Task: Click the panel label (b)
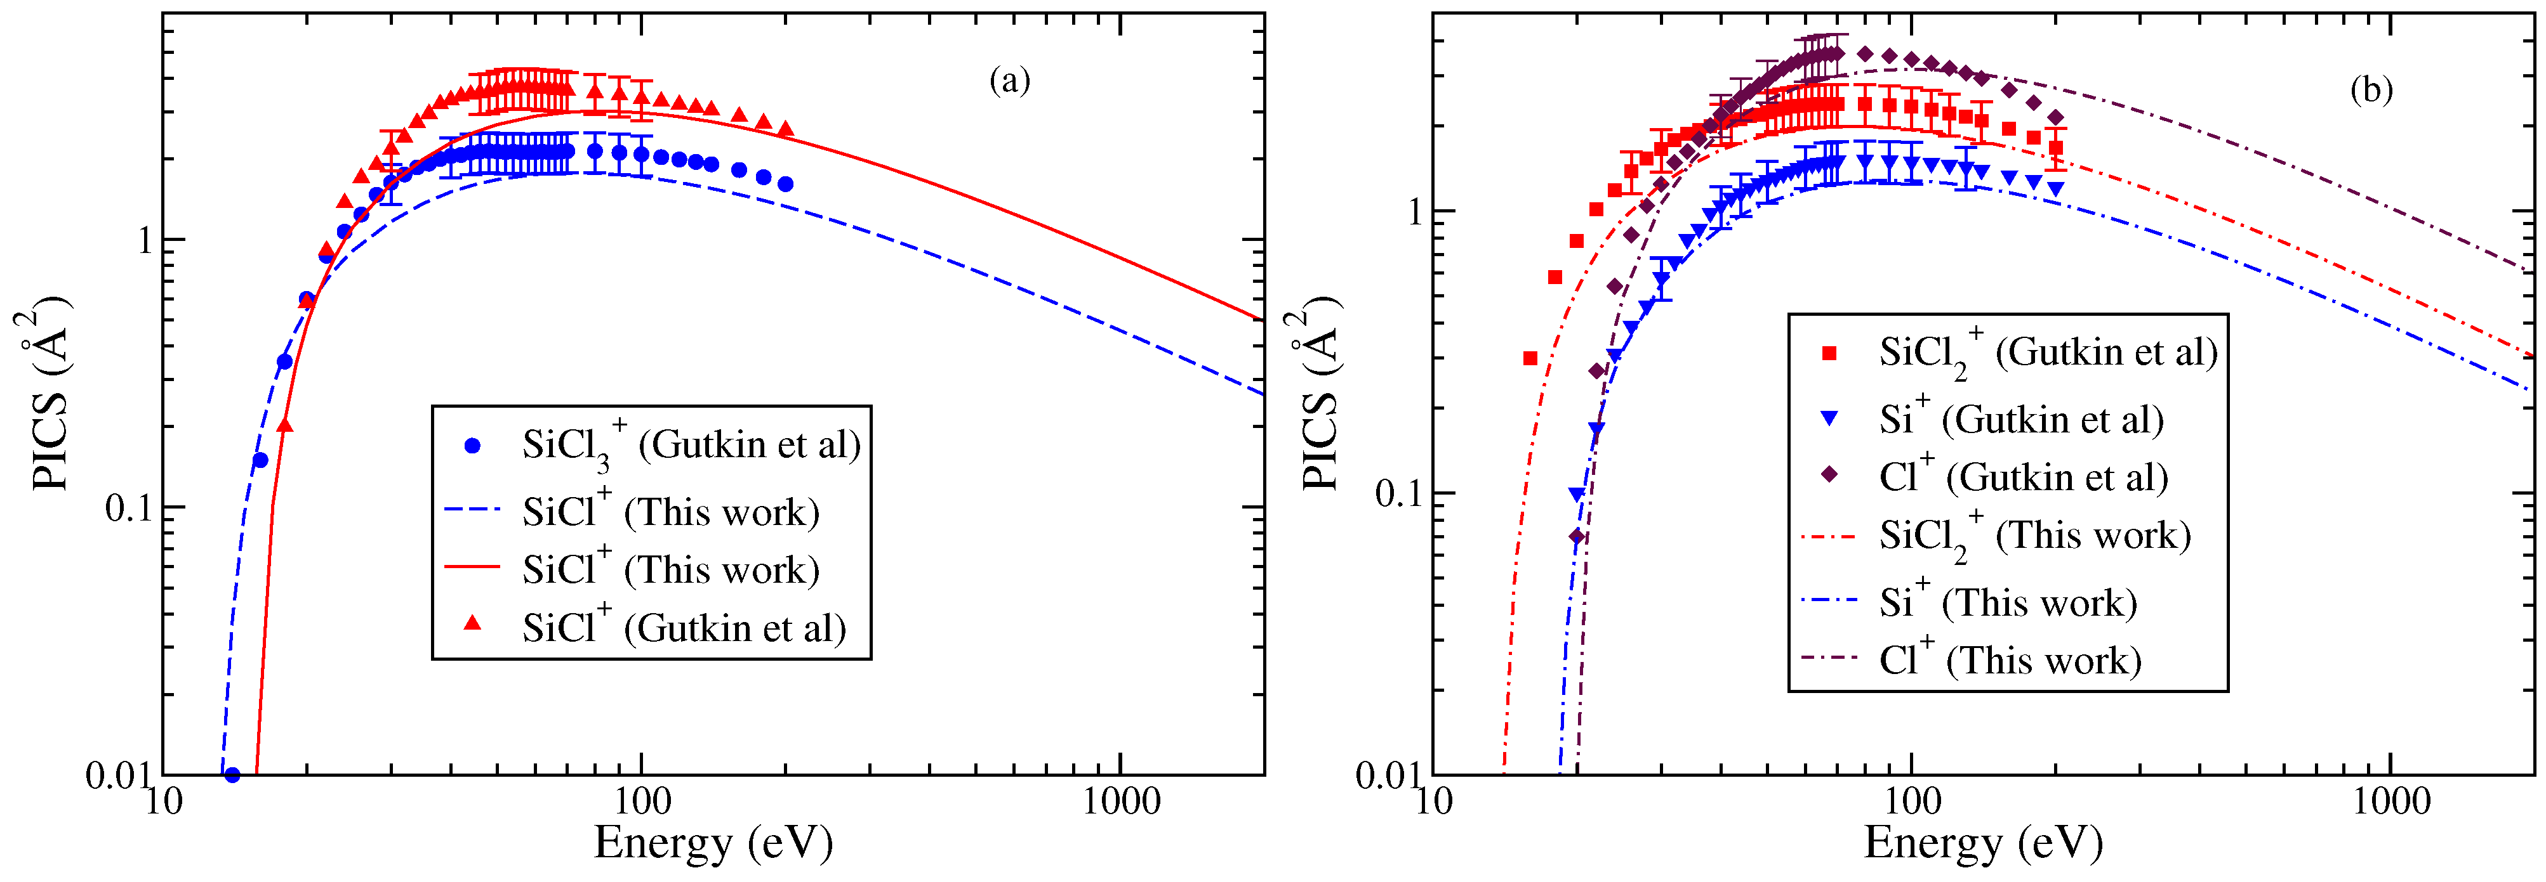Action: [x=2370, y=90]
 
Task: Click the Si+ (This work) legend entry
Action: [x=2007, y=602]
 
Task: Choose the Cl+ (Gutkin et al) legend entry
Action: [x=2022, y=477]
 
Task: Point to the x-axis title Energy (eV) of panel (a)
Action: [x=713, y=843]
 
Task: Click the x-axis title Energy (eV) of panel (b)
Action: [x=1982, y=843]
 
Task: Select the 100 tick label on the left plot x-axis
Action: [x=642, y=801]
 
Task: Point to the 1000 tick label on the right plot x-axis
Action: [x=2390, y=801]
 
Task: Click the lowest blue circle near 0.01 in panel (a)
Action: [x=232, y=775]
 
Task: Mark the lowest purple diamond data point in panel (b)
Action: [x=1577, y=536]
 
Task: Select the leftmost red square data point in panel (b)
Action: [x=1530, y=358]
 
